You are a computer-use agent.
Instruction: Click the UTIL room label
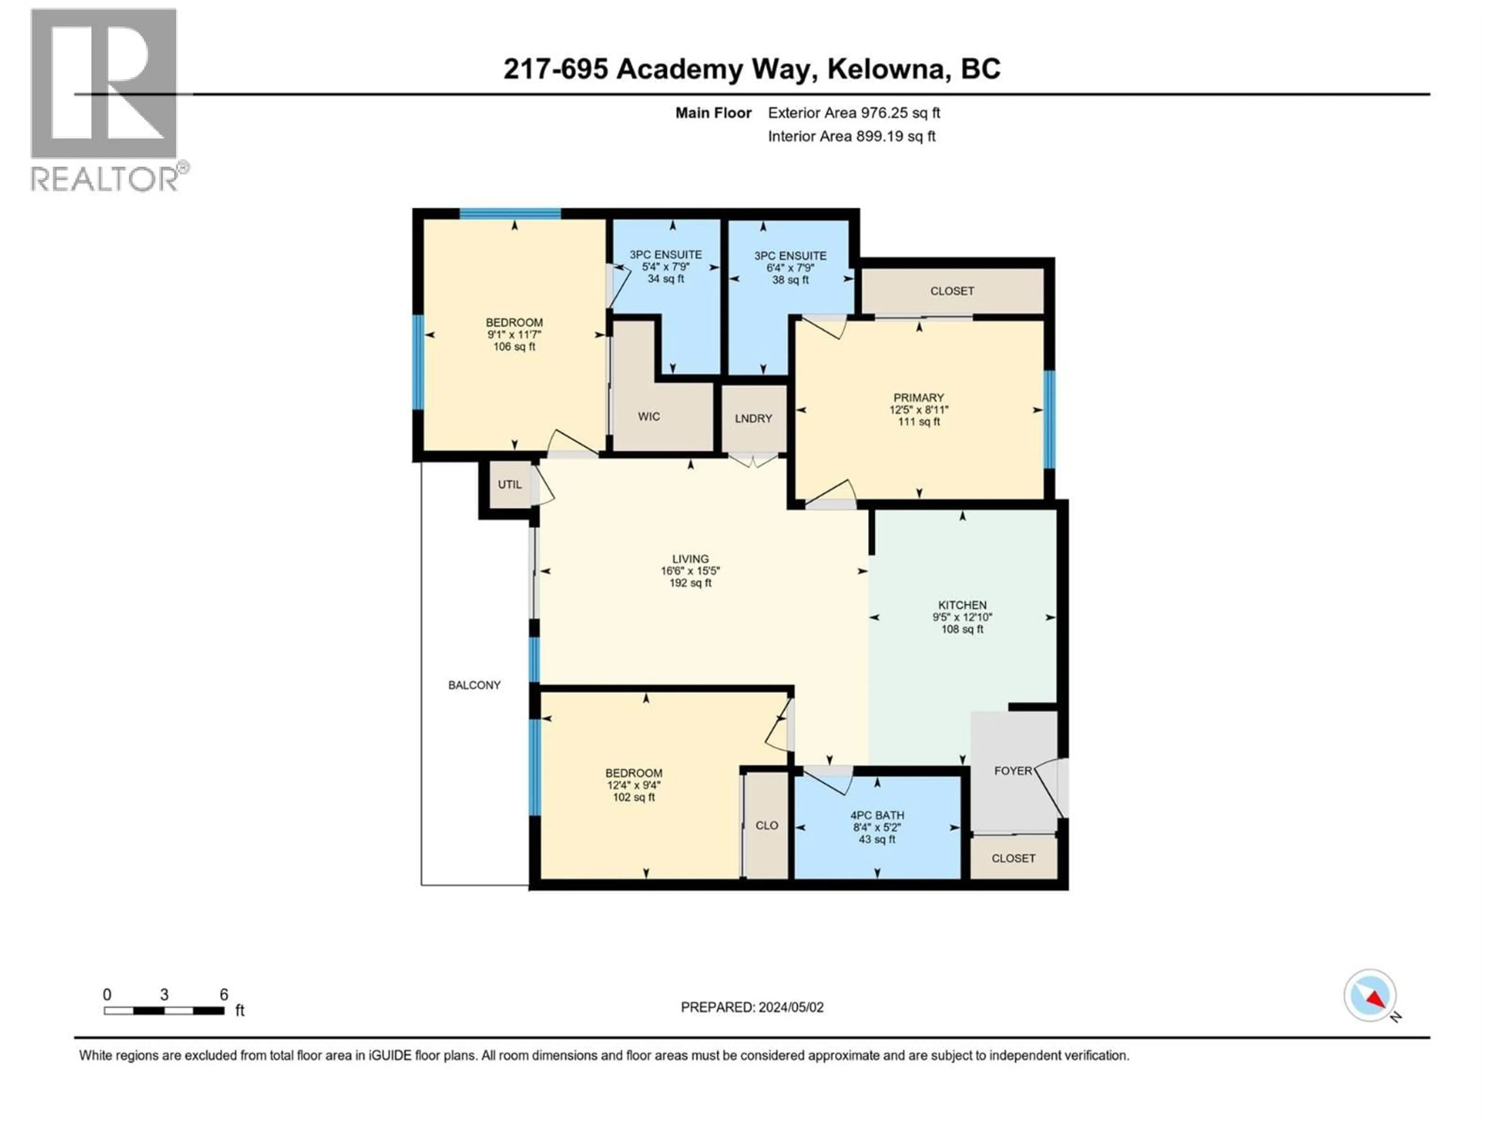point(510,485)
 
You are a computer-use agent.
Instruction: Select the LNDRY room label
point(753,419)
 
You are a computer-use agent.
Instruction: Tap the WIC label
point(648,416)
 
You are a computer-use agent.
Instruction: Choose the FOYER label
point(1012,771)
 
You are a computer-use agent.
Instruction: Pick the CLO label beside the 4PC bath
point(767,826)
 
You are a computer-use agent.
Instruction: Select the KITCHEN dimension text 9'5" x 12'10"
point(962,617)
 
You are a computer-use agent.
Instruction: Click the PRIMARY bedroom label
point(919,398)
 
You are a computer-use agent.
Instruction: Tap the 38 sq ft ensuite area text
point(790,280)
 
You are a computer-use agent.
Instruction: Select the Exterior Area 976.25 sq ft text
point(854,113)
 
